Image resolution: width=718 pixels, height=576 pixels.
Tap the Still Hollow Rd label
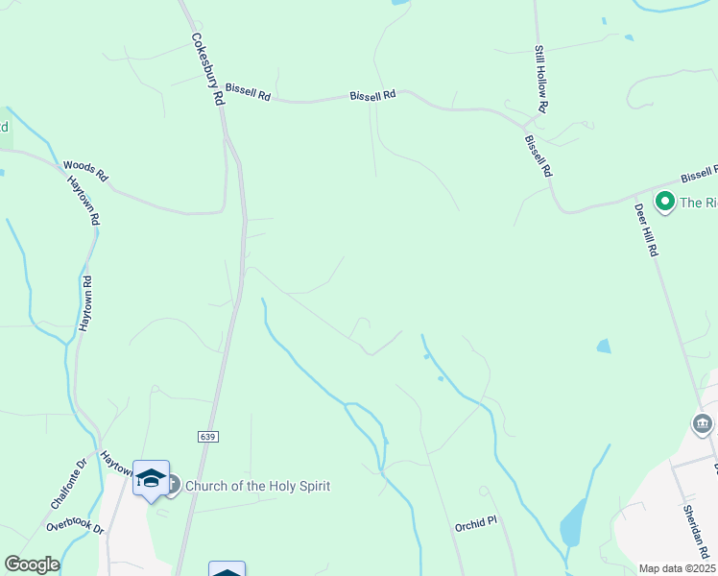coord(539,80)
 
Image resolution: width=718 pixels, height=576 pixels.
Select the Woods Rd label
coord(86,172)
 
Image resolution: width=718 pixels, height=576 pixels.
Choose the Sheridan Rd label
coord(696,533)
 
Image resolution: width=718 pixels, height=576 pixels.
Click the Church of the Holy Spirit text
coord(257,486)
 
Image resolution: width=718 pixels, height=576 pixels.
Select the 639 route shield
coord(209,437)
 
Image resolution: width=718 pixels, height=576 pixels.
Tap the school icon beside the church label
coord(151,478)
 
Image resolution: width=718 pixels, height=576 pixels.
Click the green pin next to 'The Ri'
coord(663,202)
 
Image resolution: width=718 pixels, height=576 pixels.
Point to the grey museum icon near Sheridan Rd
coord(702,423)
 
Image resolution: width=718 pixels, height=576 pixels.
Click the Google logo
coord(32,564)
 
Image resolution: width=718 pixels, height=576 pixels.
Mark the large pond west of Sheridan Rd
coord(573,523)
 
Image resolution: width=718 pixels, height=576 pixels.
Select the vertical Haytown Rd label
coord(85,304)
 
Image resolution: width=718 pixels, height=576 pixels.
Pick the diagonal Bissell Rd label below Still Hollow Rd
coord(538,156)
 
